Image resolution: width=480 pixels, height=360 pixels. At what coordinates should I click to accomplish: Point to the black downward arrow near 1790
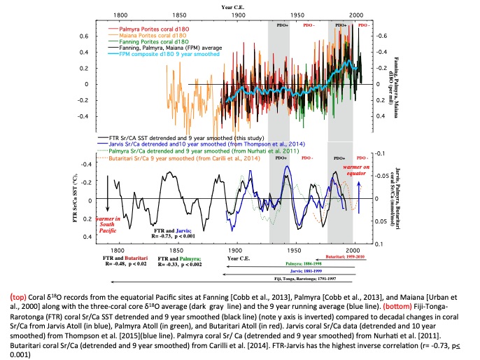coord(108,193)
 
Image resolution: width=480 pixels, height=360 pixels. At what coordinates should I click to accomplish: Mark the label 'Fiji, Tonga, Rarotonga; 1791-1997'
coord(314,277)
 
